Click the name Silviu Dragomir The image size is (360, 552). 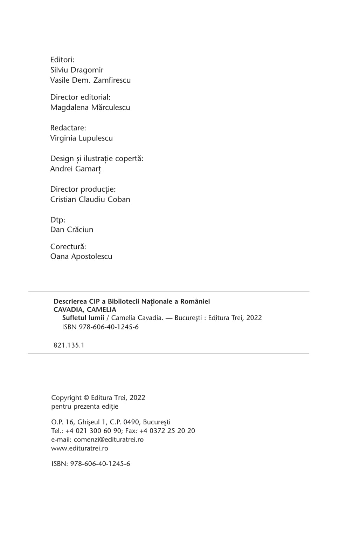point(77,70)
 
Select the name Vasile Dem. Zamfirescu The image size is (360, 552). point(90,80)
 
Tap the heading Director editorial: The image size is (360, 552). point(80,97)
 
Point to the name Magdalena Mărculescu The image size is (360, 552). point(90,108)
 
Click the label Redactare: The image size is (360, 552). point(68,128)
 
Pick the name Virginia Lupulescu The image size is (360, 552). point(81,138)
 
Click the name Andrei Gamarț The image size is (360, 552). point(75,169)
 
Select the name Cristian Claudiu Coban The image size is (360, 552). point(90,199)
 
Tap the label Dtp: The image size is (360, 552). point(58,220)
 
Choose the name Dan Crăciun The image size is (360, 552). point(72,230)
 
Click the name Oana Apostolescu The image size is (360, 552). point(81,257)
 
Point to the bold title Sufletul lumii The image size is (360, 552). point(83,318)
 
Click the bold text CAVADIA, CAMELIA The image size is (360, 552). point(85,309)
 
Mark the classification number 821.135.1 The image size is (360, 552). point(69,345)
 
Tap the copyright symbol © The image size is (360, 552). point(86,398)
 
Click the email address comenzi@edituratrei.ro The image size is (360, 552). point(109,439)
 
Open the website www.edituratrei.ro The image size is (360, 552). point(79,448)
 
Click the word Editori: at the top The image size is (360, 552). point(62,60)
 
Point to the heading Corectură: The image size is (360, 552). point(68,247)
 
